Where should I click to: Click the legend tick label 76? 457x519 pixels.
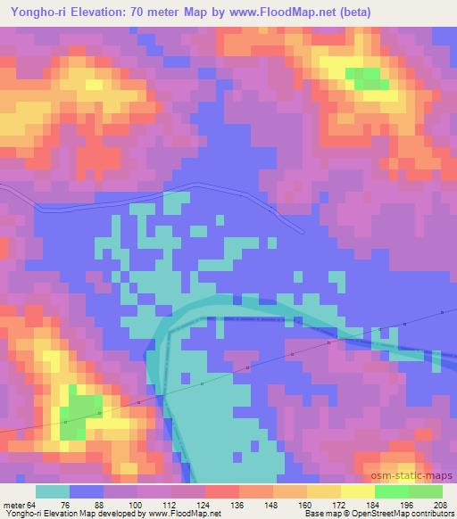click(70, 505)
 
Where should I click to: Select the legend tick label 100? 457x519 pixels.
click(138, 505)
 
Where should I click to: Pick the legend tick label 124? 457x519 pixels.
click(206, 505)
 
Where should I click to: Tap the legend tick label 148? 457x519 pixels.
click(274, 505)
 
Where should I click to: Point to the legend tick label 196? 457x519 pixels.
click(409, 505)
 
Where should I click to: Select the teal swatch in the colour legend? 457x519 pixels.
click(53, 492)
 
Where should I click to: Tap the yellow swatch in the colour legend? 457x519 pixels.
click(324, 492)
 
